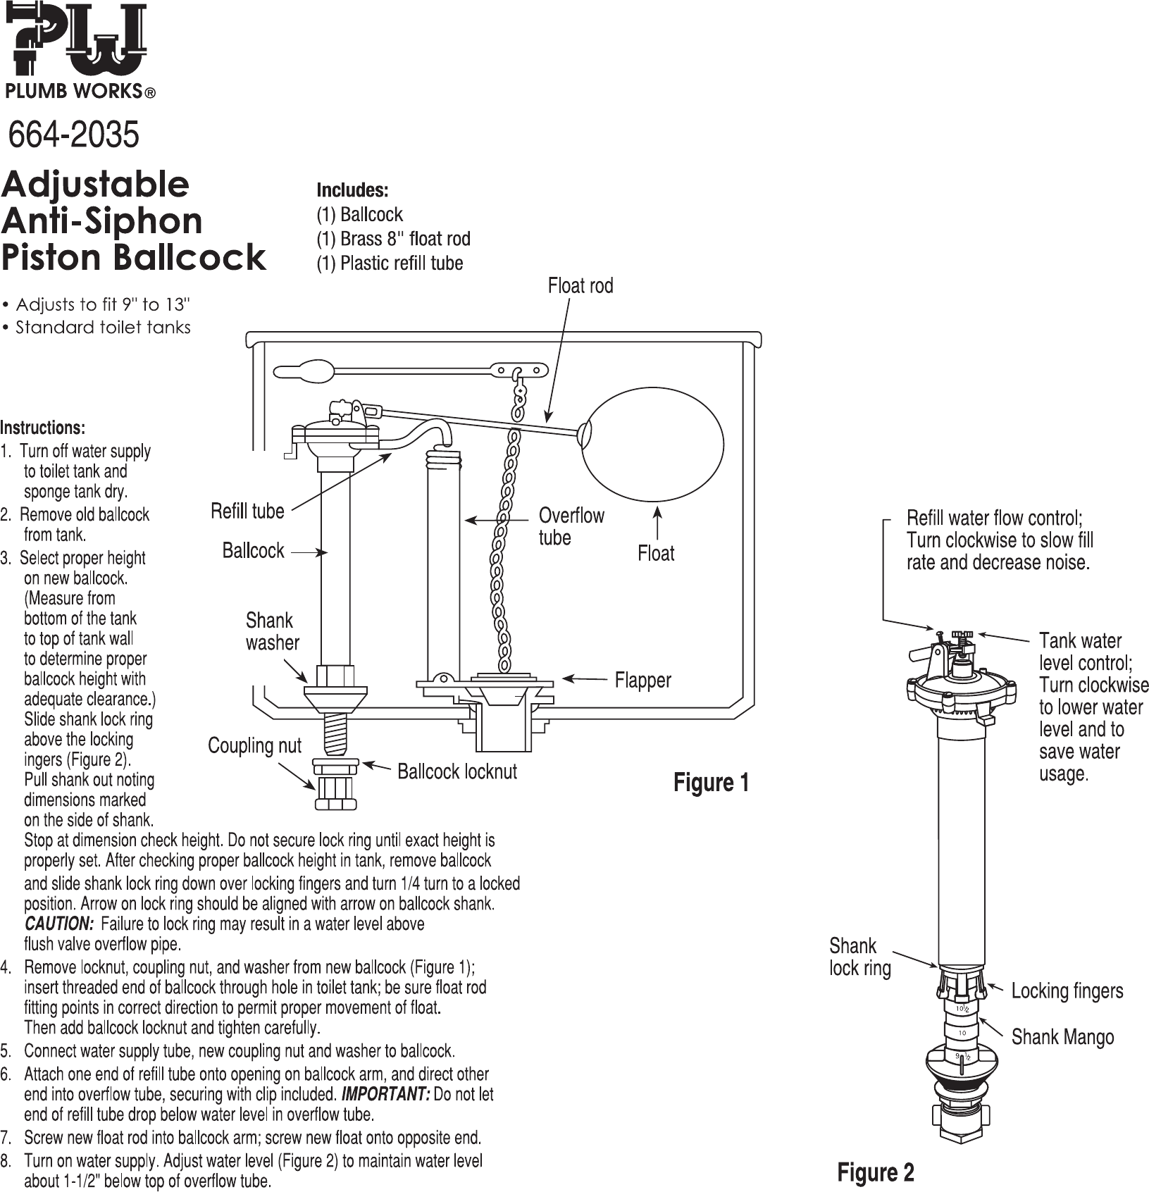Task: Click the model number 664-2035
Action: coord(73,135)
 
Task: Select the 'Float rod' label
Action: coord(580,285)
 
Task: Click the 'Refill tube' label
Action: coord(247,511)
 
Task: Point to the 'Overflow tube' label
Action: coord(571,526)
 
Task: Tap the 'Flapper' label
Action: coord(643,680)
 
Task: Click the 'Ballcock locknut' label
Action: coord(457,771)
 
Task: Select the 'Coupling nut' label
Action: coord(254,745)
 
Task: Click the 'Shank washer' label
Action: coord(272,631)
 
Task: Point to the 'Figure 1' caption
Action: coord(712,783)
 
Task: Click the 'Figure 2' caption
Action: coord(876,1172)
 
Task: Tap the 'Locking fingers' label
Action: coord(1067,991)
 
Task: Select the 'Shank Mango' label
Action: coord(1063,1037)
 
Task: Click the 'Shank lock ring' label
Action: coord(860,957)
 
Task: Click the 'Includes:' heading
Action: coord(352,190)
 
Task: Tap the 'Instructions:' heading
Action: coord(43,428)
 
